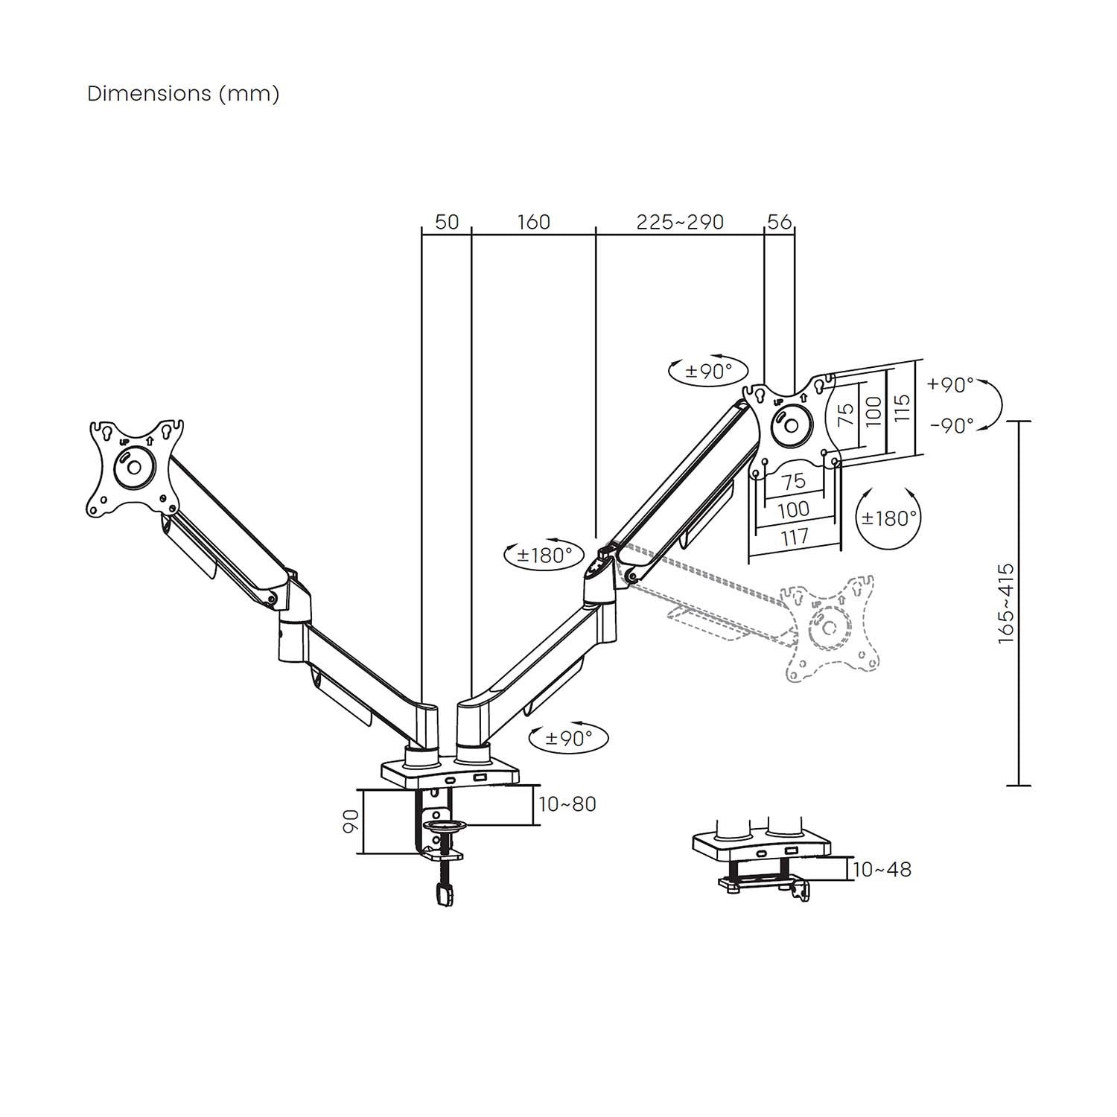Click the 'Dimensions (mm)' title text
coord(183,94)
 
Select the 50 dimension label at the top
coord(447,222)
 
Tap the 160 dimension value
coord(533,222)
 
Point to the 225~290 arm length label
coord(680,222)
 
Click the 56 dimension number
coord(779,222)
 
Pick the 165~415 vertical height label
coord(1006,603)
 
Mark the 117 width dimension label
coord(795,537)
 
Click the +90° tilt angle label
coord(950,385)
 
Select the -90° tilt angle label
coord(951,425)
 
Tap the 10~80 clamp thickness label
coord(567,804)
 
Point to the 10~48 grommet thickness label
coord(882,869)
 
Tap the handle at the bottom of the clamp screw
coord(445,895)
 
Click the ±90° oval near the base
coord(567,738)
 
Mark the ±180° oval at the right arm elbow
coord(544,555)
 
